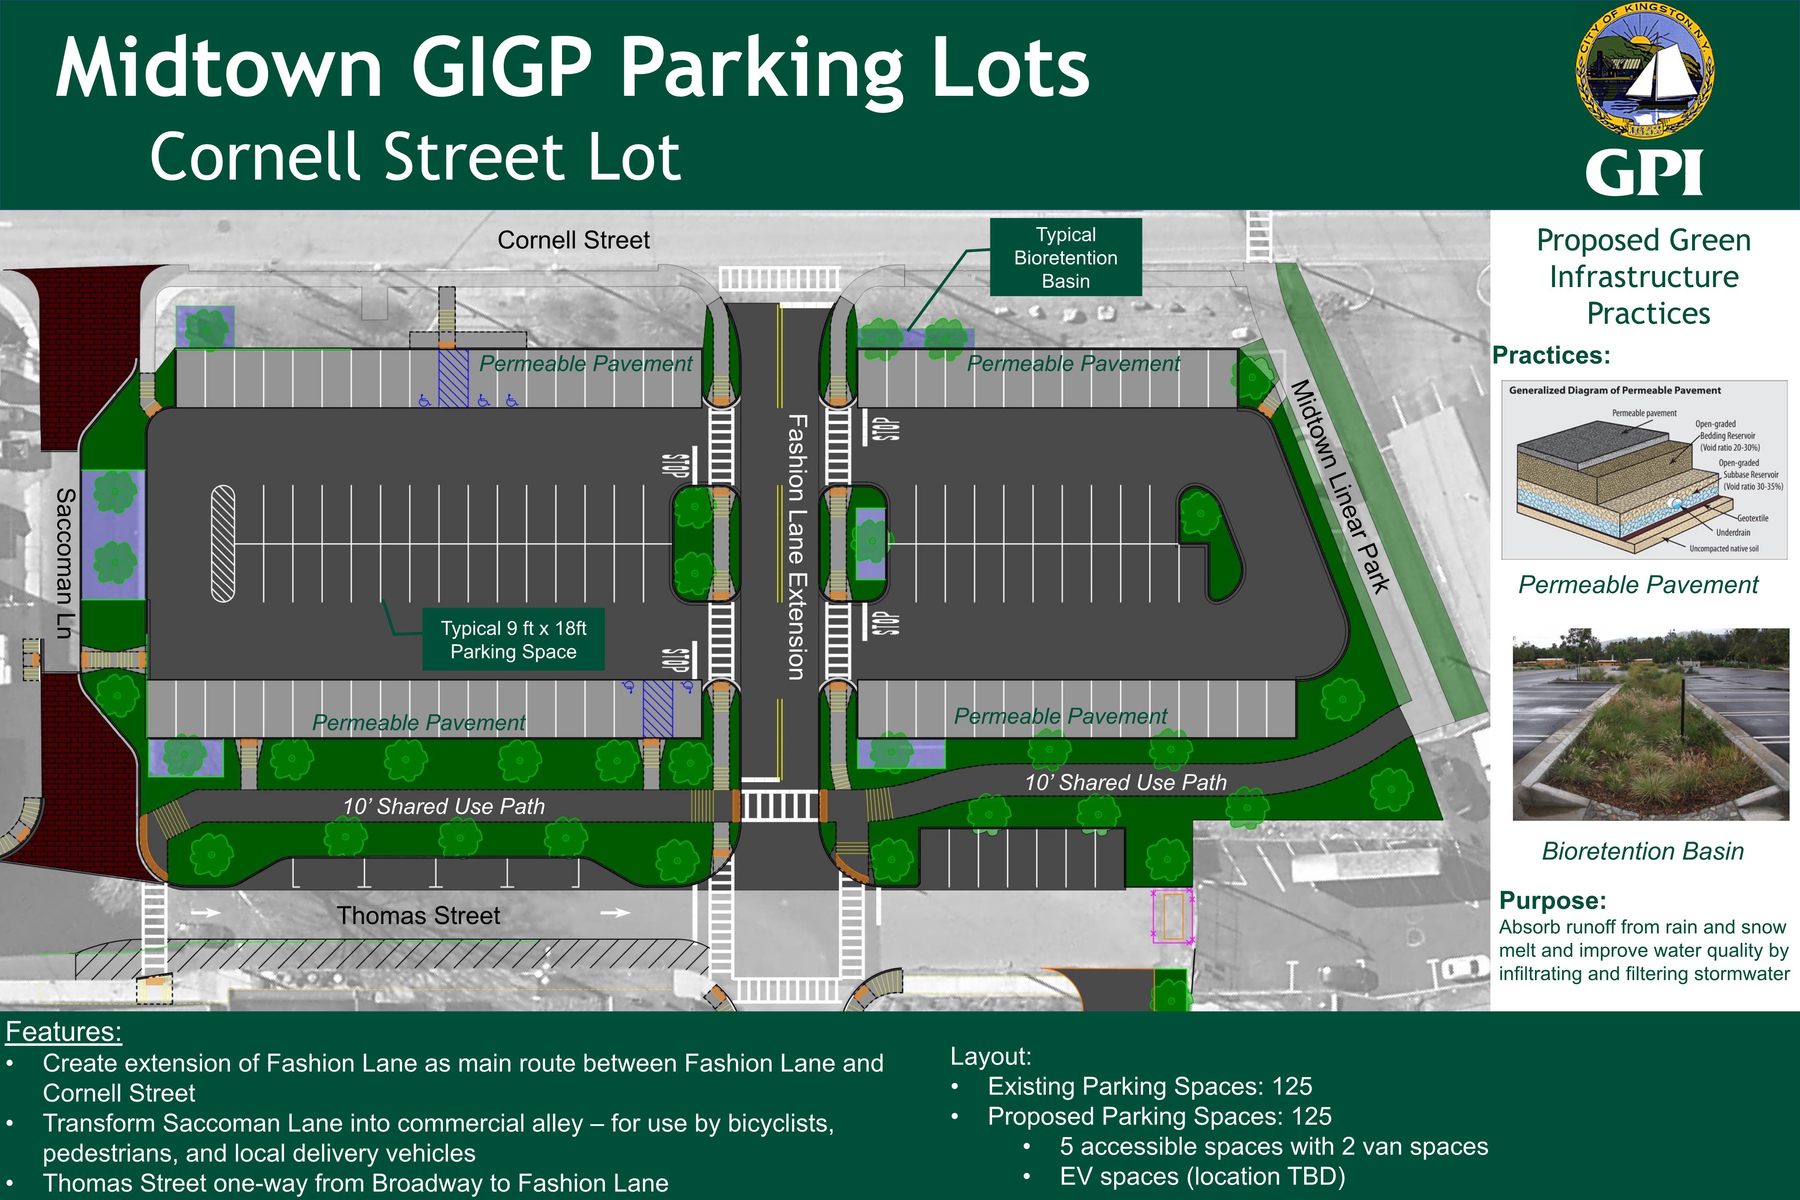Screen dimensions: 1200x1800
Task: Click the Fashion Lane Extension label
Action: click(797, 547)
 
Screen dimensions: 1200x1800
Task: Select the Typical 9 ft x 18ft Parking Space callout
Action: click(513, 640)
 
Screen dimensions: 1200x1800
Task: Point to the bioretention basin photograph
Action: click(1651, 724)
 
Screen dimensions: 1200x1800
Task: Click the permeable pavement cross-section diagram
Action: click(1644, 470)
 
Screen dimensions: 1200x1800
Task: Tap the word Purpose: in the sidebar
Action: click(1552, 900)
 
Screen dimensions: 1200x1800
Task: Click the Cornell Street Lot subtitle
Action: click(415, 157)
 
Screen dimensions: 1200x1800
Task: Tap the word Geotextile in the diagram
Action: click(1752, 518)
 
